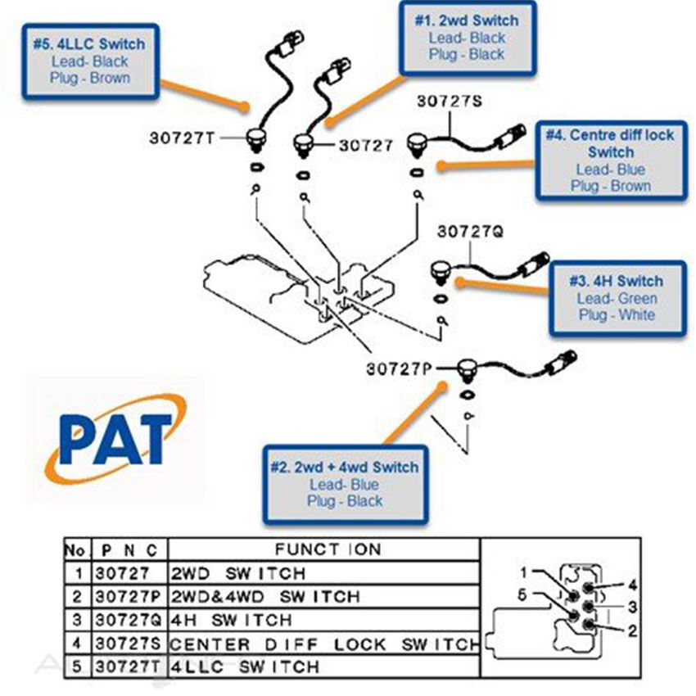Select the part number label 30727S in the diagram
click(x=450, y=101)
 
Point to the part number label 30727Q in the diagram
click(x=469, y=231)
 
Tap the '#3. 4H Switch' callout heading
click(x=616, y=281)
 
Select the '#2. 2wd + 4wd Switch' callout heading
click(x=344, y=468)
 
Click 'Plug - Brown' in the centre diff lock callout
click(x=611, y=186)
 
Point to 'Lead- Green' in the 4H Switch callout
click(x=616, y=299)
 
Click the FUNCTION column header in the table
click(x=328, y=549)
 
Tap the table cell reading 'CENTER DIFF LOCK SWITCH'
click(x=324, y=644)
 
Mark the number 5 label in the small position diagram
click(x=523, y=595)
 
